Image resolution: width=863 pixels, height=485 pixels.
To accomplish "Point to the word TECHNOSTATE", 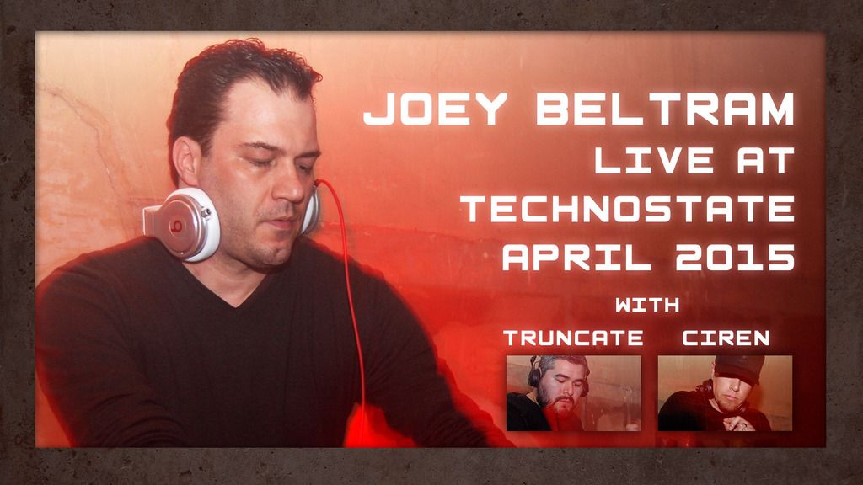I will click(x=629, y=209).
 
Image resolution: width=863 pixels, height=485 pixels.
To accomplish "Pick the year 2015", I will click(x=735, y=257).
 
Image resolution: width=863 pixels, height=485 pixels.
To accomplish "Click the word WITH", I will click(x=647, y=304).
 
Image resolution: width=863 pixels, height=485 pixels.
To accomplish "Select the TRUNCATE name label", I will click(x=573, y=338).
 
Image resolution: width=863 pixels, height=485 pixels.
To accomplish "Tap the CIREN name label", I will click(x=726, y=338).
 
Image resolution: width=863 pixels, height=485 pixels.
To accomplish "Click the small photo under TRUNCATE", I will click(x=573, y=393).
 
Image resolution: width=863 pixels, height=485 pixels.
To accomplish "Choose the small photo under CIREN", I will click(x=725, y=393).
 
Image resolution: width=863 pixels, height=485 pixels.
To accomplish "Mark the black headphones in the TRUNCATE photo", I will click(x=533, y=373).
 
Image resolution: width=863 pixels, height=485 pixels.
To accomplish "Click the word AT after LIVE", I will click(x=765, y=160).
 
